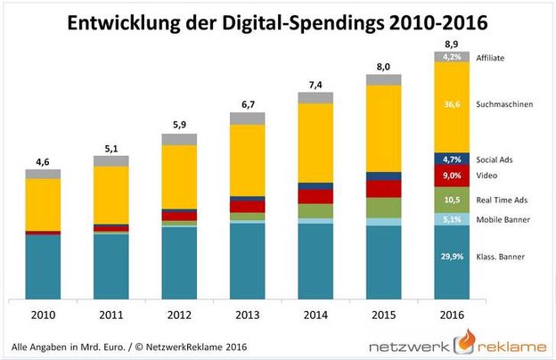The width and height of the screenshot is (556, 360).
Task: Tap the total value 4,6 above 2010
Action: click(x=43, y=161)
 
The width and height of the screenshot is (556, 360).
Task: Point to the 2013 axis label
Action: click(x=247, y=315)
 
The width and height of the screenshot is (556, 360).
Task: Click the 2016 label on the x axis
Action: click(x=452, y=315)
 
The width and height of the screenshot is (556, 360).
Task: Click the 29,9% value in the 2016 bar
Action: click(x=452, y=258)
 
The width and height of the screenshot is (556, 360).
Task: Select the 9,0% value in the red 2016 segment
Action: click(x=452, y=176)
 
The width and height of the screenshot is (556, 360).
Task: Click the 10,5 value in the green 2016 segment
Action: click(x=452, y=200)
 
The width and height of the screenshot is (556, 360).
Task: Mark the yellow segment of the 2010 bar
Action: click(x=43, y=204)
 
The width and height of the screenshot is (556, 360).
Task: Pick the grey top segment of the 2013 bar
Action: click(x=247, y=118)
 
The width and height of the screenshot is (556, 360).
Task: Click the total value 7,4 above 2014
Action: click(x=315, y=83)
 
